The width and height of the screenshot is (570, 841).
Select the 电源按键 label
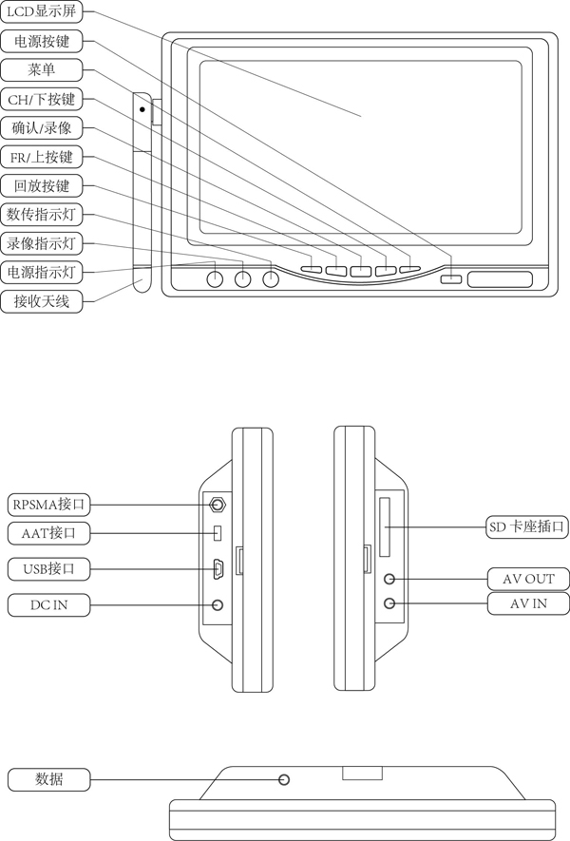42,42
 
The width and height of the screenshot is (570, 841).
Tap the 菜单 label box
42,70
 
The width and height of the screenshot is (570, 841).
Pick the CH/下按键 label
42,99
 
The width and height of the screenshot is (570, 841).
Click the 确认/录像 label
42,127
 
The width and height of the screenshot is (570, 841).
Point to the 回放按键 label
42,185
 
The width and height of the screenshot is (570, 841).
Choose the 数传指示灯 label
42,214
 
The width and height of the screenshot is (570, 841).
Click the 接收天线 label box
42,302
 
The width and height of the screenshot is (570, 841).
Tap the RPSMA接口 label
48,504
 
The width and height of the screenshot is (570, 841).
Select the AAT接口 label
48,533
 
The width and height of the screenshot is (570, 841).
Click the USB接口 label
48,569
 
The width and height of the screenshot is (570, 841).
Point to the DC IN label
48,604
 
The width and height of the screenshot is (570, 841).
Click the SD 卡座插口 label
528,526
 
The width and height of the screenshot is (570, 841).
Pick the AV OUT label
528,579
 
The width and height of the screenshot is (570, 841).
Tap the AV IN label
528,603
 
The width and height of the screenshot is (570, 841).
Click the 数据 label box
48,780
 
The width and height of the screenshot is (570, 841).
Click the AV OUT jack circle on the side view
389,579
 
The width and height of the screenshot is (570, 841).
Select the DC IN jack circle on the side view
218,604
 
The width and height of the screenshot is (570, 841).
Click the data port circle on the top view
284,780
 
